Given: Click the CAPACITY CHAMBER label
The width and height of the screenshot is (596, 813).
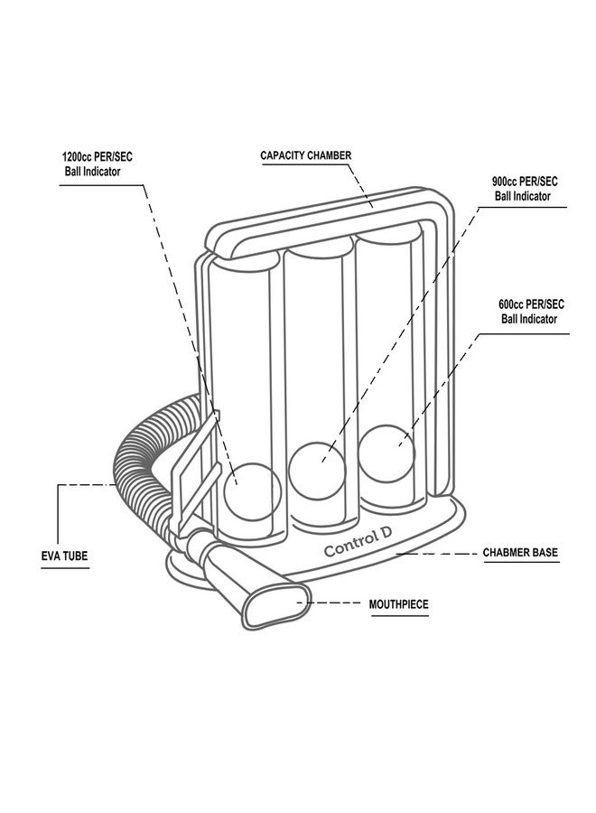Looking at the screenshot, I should pos(305,155).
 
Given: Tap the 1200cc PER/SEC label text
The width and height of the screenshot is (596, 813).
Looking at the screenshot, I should pos(90,156).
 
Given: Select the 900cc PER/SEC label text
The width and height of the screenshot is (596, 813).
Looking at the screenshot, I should pos(525,181).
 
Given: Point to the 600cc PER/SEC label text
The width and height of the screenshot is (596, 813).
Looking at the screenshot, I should pos(532,304).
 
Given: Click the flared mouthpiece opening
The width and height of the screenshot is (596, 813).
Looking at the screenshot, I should pos(272,607).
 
